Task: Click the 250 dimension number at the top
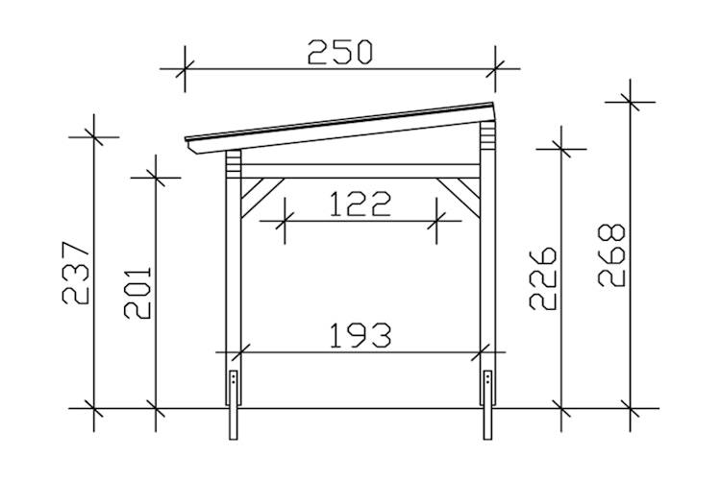(340, 51)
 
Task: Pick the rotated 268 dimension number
(611, 255)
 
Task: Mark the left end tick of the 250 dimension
(185, 68)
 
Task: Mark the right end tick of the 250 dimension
(494, 68)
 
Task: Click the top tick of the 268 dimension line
(632, 99)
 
